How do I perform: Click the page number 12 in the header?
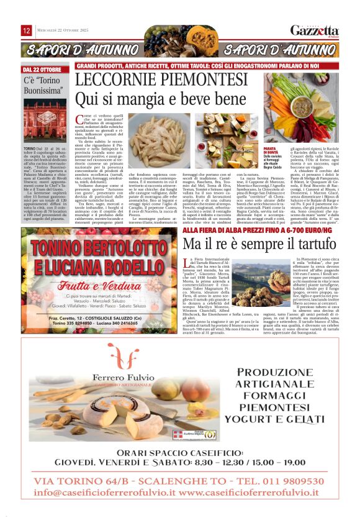tap(27, 30)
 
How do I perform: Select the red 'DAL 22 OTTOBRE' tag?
tap(42, 70)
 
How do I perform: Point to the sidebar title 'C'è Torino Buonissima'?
tap(43, 86)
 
